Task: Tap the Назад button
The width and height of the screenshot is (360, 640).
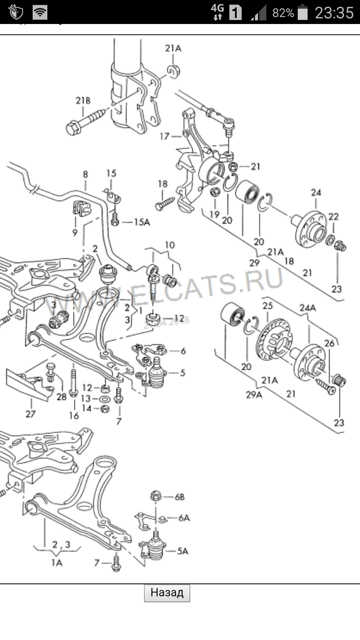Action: point(167,593)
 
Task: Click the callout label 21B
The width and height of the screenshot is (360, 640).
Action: point(83,100)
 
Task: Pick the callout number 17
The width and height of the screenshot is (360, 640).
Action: point(165,136)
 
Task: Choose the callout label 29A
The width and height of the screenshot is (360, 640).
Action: point(254,395)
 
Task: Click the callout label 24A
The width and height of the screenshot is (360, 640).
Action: point(307,308)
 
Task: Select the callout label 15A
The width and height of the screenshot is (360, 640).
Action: point(142,222)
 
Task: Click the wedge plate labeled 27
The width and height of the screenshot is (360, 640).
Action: point(30,383)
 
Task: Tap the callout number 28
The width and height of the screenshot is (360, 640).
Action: point(61,397)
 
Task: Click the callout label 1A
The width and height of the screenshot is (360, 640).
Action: point(57,563)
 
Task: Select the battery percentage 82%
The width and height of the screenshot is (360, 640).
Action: point(283,13)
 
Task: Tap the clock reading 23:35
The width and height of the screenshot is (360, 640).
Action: point(334,13)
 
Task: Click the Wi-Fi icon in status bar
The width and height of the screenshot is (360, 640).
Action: point(40,13)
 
